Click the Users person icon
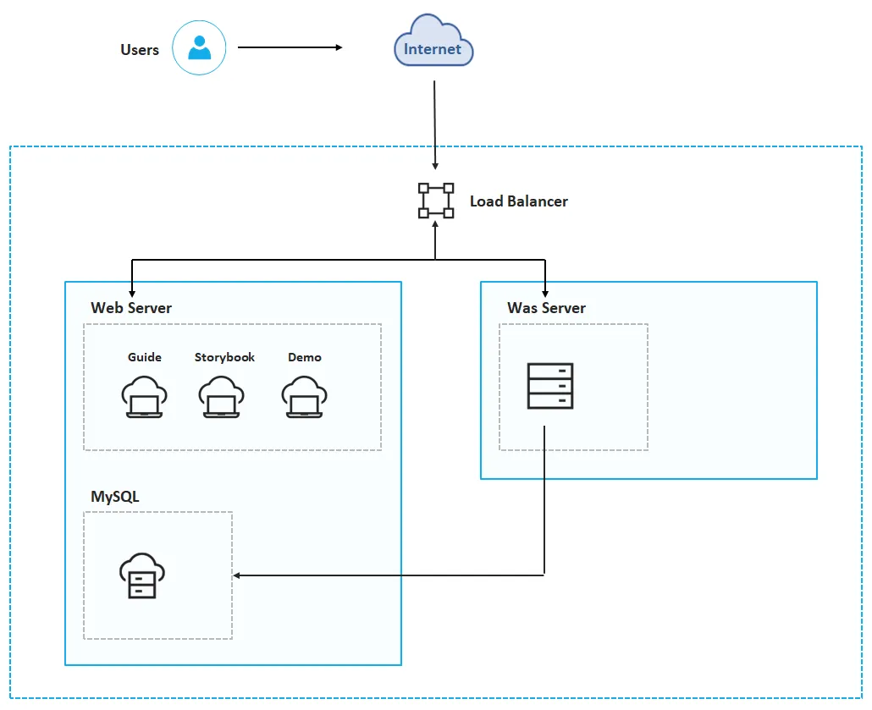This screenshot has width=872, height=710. [x=200, y=48]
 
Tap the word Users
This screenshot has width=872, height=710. [x=140, y=50]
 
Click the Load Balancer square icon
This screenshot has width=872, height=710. [x=435, y=201]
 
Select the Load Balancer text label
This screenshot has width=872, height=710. [x=518, y=201]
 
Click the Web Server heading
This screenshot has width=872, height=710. [x=131, y=308]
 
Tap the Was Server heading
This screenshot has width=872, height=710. [x=546, y=308]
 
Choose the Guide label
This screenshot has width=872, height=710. [x=145, y=357]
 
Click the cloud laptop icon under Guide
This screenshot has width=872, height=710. [x=144, y=397]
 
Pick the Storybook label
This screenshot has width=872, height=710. [x=224, y=357]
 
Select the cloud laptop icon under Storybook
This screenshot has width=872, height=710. [x=222, y=397]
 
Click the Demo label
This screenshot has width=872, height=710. [x=305, y=357]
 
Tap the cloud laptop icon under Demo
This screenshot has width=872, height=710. [x=304, y=397]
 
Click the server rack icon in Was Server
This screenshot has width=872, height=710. [x=549, y=386]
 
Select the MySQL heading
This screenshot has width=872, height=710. [x=115, y=497]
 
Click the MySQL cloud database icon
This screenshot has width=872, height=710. [x=142, y=576]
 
